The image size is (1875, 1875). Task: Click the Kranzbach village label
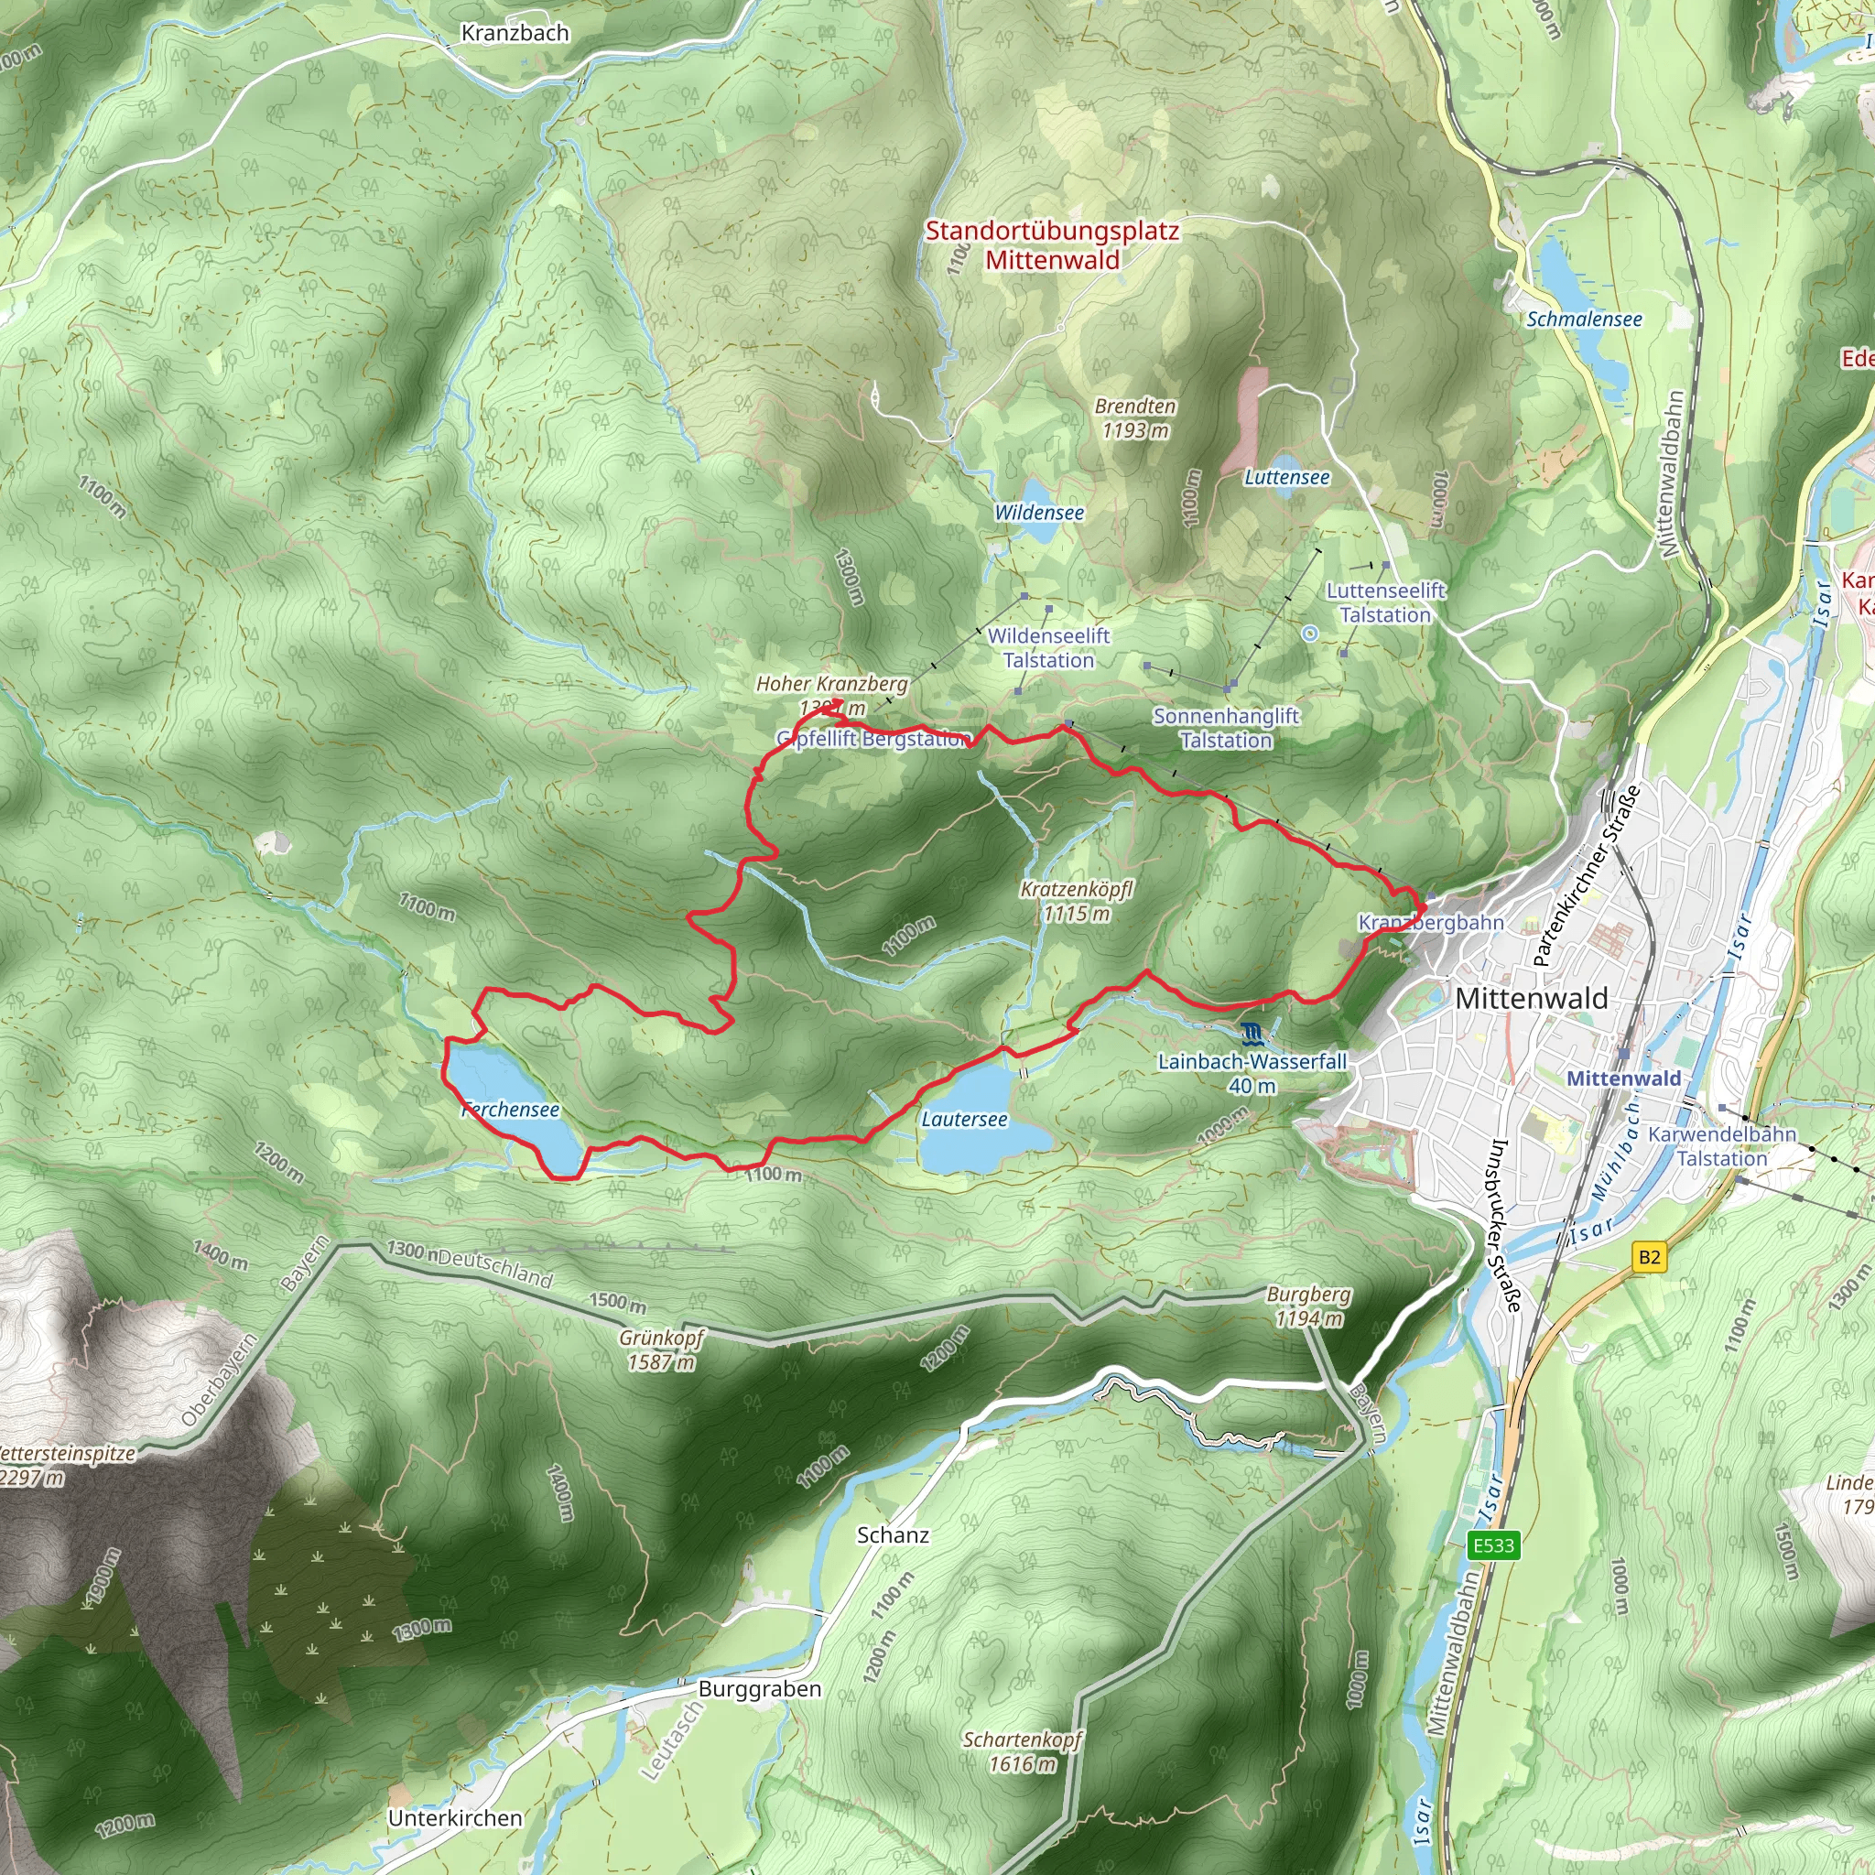click(x=515, y=33)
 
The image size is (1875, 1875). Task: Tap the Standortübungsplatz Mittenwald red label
click(x=1052, y=245)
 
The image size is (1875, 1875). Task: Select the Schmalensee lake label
click(x=1584, y=320)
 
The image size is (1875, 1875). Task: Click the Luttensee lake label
click(x=1287, y=478)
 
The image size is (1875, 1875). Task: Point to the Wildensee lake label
click(x=1038, y=513)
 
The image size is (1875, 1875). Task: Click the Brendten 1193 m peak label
click(x=1134, y=418)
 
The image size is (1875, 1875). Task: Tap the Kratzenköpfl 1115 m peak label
click(x=1077, y=901)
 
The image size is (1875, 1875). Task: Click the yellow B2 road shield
click(x=1649, y=1258)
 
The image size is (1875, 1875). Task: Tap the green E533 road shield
click(x=1492, y=1545)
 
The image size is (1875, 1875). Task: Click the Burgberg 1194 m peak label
click(x=1308, y=1306)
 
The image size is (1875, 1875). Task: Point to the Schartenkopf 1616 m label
click(x=1022, y=1751)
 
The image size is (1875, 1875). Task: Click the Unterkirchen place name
click(x=455, y=1817)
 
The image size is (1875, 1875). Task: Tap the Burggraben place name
click(x=760, y=1688)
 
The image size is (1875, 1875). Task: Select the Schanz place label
click(x=893, y=1535)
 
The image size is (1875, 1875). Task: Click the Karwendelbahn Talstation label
click(x=1722, y=1146)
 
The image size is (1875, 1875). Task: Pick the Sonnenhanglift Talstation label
click(x=1226, y=728)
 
